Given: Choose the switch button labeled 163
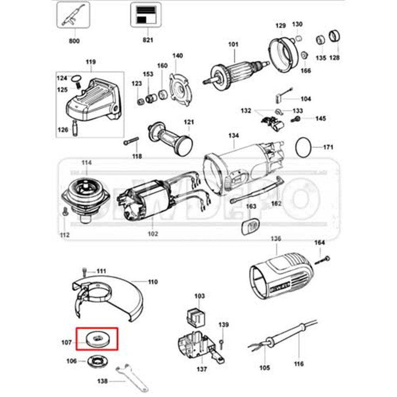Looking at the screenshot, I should point(250,227).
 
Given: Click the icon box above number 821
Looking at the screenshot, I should point(146,14).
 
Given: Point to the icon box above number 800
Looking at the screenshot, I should point(74,14).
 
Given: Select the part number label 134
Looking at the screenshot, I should point(234,136).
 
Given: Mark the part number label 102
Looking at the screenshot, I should point(153,234).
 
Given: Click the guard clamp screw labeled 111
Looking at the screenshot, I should point(86,271).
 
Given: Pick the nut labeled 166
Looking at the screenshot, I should point(304,55).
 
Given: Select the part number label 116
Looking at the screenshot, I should point(299,364).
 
